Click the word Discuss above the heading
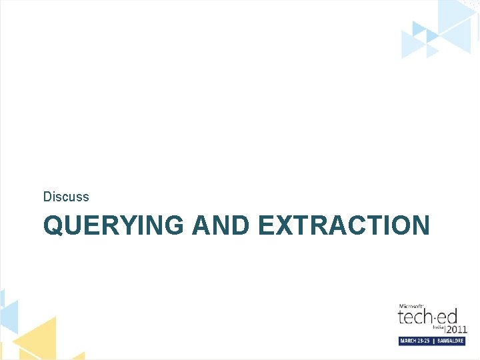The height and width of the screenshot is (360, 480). [x=66, y=197]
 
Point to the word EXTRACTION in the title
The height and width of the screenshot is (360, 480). [x=343, y=225]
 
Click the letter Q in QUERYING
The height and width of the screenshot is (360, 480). [x=53, y=225]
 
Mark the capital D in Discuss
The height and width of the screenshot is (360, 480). [x=47, y=197]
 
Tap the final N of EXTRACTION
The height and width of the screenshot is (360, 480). [x=420, y=225]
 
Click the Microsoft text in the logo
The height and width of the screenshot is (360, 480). [x=411, y=305]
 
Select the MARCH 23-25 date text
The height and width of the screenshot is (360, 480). [x=415, y=341]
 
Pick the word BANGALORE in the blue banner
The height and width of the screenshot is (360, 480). [x=450, y=341]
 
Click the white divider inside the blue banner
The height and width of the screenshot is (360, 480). [x=433, y=341]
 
